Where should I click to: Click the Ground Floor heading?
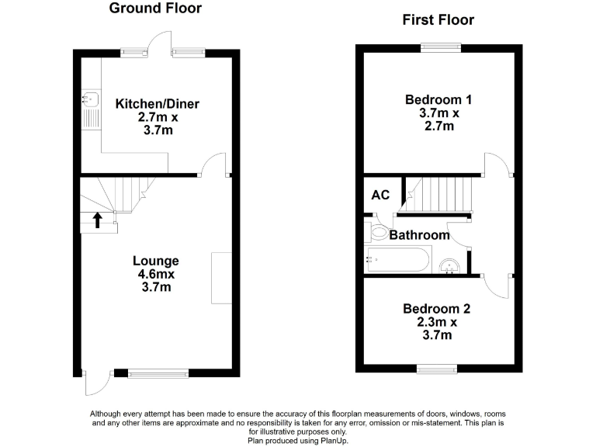pyautogui.click(x=155, y=9)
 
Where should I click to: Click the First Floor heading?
pyautogui.click(x=438, y=19)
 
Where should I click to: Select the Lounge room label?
pyautogui.click(x=155, y=261)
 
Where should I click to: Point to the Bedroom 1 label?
pyautogui.click(x=438, y=99)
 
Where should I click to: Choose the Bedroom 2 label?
pyautogui.click(x=436, y=308)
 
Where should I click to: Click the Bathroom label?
pyautogui.click(x=419, y=234)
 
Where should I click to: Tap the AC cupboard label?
pyautogui.click(x=380, y=195)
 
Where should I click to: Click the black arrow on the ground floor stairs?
pyautogui.click(x=98, y=220)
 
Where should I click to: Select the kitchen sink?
pyautogui.click(x=88, y=99)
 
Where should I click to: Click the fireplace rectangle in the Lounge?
pyautogui.click(x=221, y=277)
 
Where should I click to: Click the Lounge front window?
pyautogui.click(x=158, y=373)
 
